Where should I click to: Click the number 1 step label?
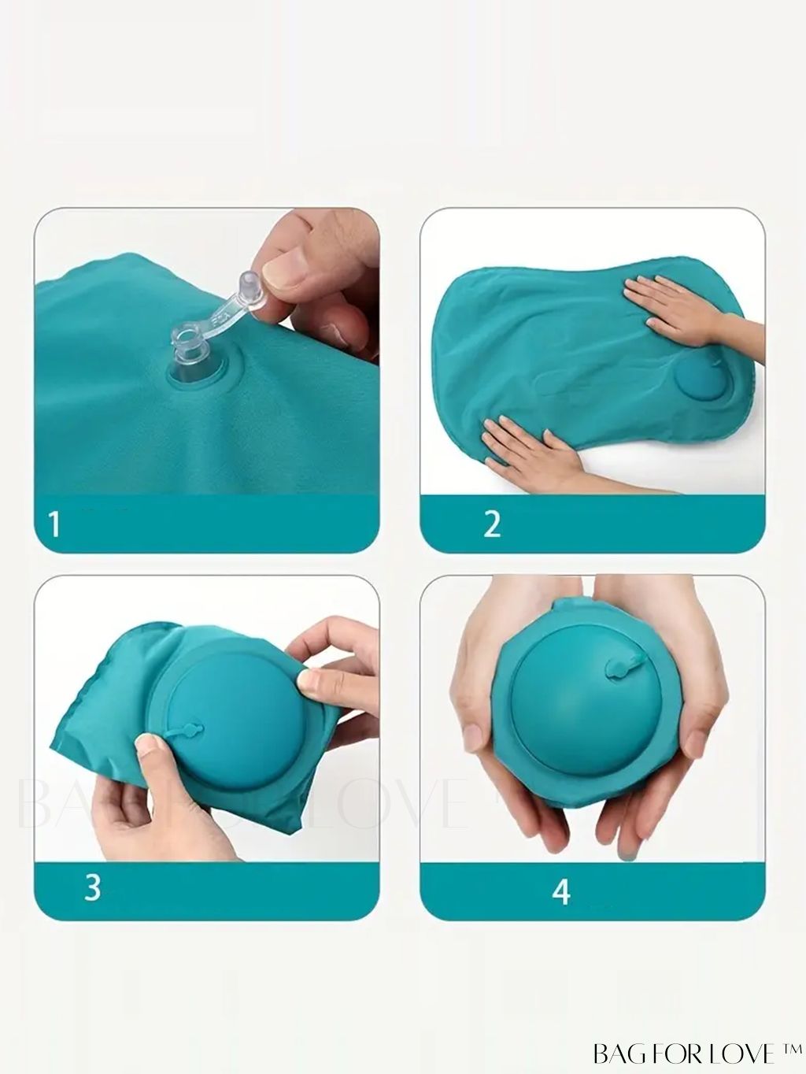pyautogui.click(x=55, y=524)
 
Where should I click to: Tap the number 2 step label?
pyautogui.click(x=492, y=524)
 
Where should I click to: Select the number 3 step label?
pyautogui.click(x=93, y=887)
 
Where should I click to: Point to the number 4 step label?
pyautogui.click(x=561, y=891)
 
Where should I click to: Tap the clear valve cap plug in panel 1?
pyautogui.click(x=250, y=283)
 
